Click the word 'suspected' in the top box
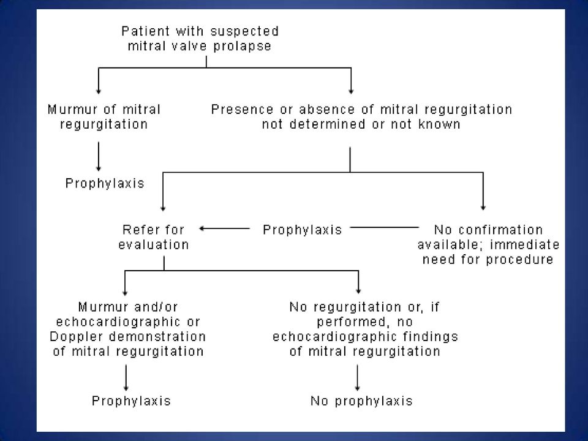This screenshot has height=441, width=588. [x=244, y=31]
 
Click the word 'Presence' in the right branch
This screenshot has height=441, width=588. [x=243, y=110]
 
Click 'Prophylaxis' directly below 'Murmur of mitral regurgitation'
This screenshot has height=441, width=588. [x=105, y=183]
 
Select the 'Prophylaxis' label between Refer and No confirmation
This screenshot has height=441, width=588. [x=302, y=230]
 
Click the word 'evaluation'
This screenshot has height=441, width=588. [x=154, y=244]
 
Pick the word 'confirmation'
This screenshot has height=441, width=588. [x=500, y=230]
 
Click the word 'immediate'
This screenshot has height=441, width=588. [x=525, y=244]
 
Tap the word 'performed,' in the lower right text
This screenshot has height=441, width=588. [x=345, y=322]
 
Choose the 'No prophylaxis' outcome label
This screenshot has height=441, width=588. [x=361, y=401]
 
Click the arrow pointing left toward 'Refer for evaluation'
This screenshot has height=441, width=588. [x=224, y=228]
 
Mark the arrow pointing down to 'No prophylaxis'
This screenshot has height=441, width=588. [x=357, y=378]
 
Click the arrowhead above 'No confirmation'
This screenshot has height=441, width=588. [x=483, y=208]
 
